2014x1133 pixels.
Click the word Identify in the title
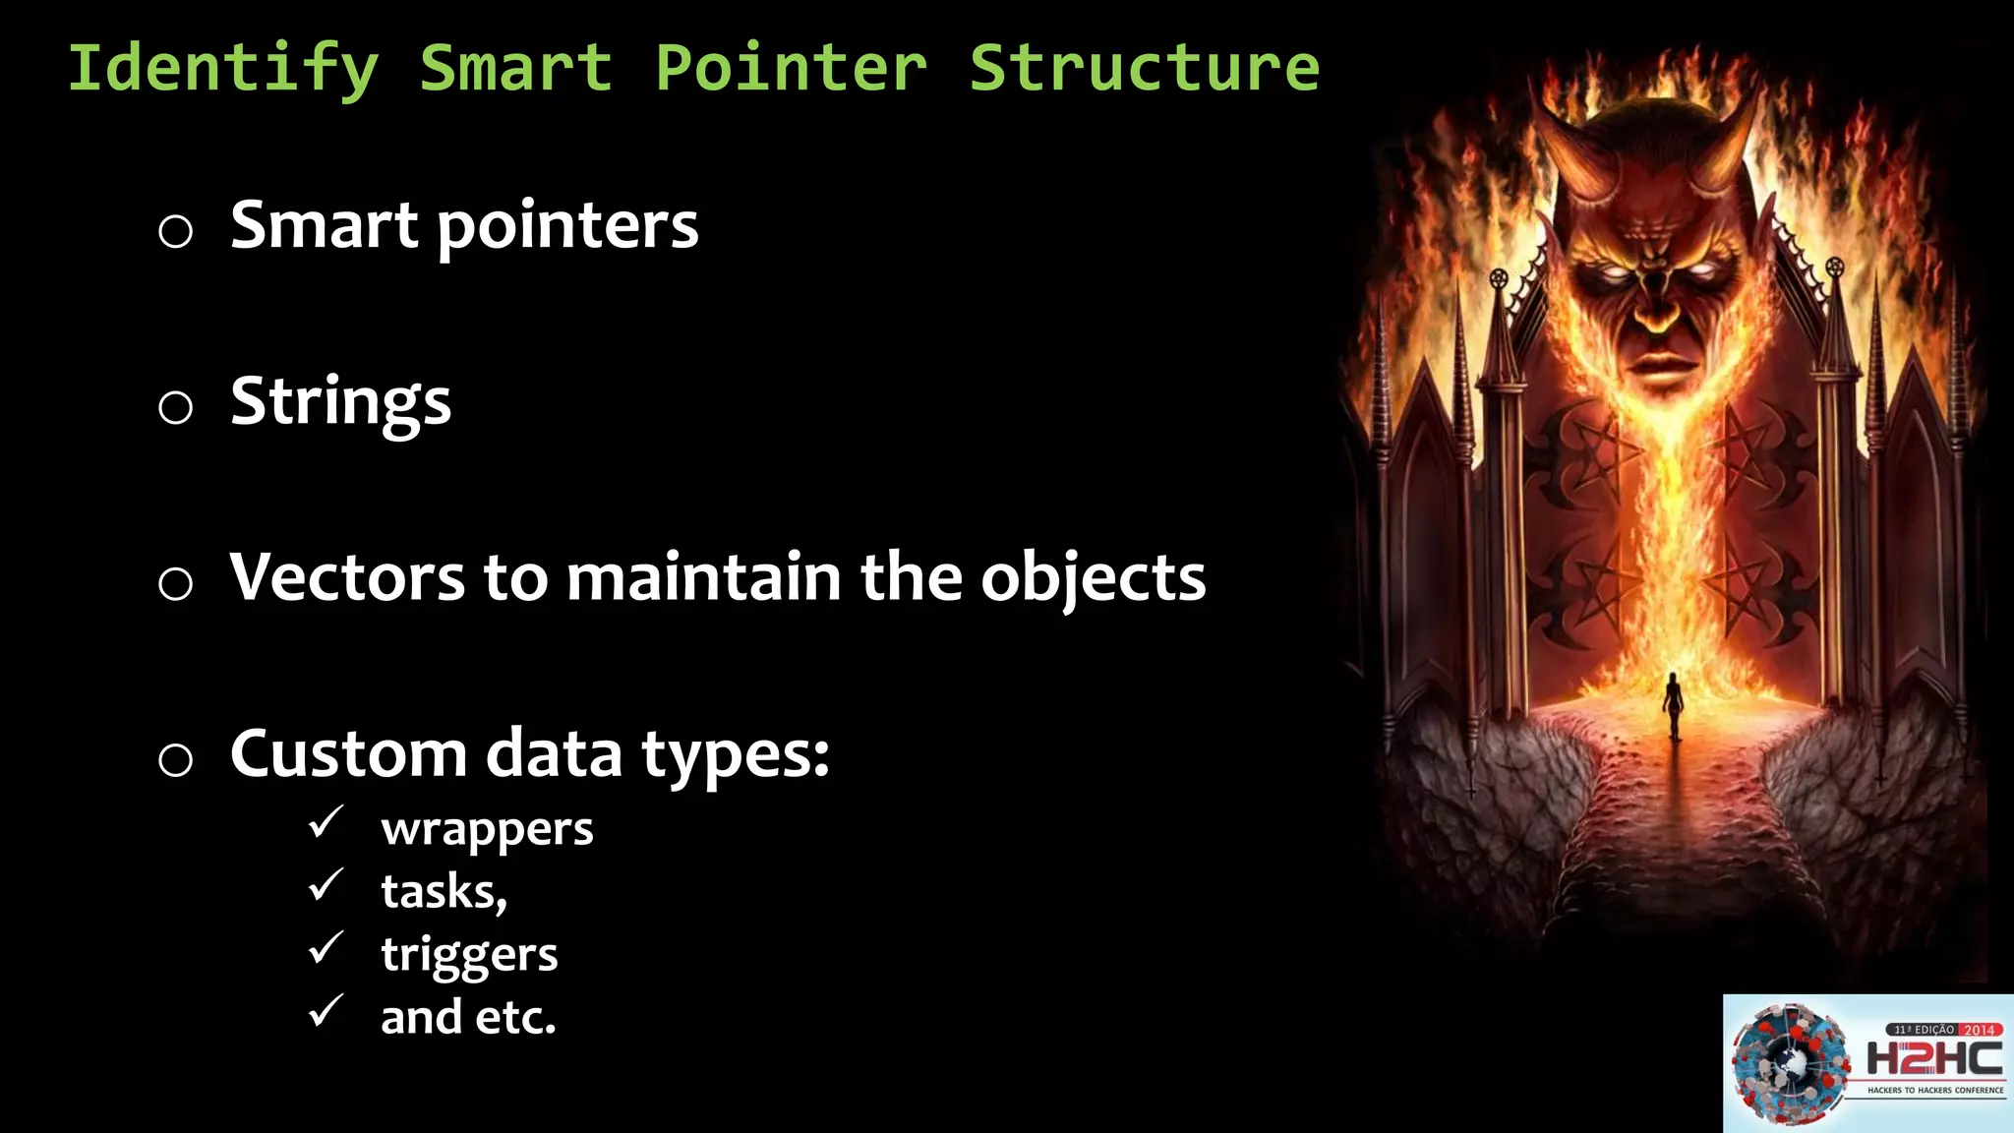(222, 69)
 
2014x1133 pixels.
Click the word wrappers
(487, 829)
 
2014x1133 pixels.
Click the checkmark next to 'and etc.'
(326, 1011)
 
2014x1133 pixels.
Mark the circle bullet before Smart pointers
(175, 232)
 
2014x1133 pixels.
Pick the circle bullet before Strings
(175, 407)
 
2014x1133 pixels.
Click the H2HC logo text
(1933, 1059)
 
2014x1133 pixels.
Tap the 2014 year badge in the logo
(1979, 1030)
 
